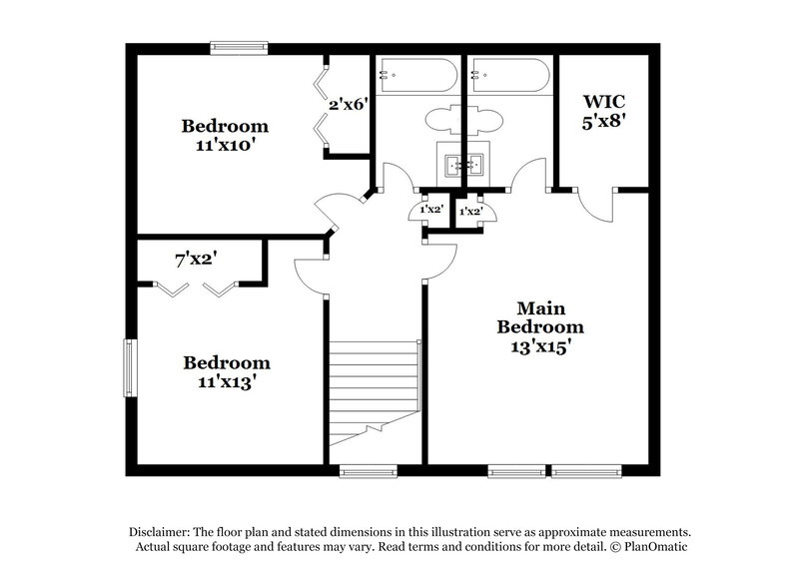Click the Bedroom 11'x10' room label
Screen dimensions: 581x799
224,135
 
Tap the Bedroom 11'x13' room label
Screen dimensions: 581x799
225,371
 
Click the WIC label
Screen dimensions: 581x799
604,102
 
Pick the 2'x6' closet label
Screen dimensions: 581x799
349,102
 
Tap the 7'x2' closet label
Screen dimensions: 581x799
197,260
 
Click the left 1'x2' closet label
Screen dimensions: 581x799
430,211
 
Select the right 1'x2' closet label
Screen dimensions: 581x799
470,212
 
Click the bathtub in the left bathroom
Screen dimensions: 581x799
416,74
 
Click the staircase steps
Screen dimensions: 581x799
374,384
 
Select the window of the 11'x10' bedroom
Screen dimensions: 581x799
239,45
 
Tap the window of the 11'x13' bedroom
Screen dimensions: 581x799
129,367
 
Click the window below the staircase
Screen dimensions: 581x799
368,470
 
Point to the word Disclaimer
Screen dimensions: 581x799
162,531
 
